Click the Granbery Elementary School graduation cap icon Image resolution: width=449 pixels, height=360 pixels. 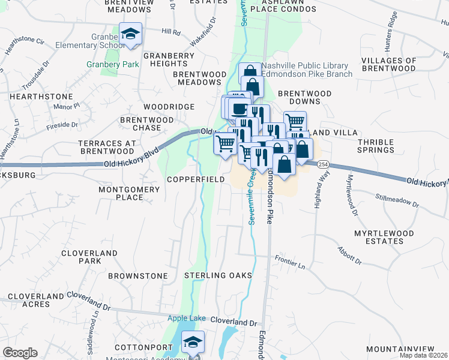pos(130,34)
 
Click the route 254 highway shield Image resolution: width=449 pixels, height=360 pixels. pos(323,164)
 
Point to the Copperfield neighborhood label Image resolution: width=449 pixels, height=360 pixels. pos(196,179)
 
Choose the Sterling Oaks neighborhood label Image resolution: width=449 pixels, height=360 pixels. pos(218,275)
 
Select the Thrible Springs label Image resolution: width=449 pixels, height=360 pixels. pos(376,146)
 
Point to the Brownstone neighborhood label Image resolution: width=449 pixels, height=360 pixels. pos(138,276)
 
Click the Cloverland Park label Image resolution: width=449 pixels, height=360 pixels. pos(89,257)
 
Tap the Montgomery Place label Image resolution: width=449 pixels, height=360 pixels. pos(129,193)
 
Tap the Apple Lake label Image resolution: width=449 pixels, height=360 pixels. pos(187,318)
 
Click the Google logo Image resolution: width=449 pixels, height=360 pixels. pos(20,353)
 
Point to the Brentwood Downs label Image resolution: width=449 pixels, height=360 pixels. pos(305,98)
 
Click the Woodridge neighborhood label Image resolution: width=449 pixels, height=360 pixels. pos(169,107)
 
